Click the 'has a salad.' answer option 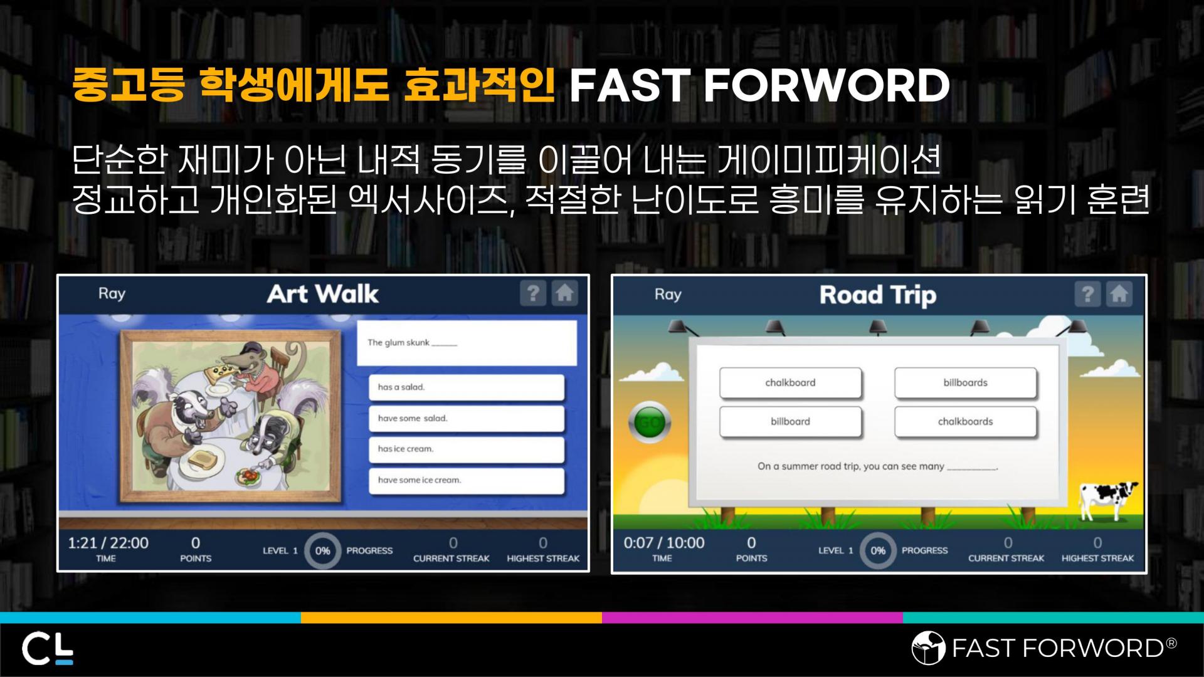pyautogui.click(x=467, y=387)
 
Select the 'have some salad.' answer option pyautogui.click(x=467, y=419)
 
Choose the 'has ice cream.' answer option pyautogui.click(x=467, y=449)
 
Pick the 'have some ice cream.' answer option pyautogui.click(x=467, y=481)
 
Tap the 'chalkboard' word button pyautogui.click(x=790, y=383)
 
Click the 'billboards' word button pyautogui.click(x=965, y=383)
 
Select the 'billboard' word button pyautogui.click(x=790, y=422)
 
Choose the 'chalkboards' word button pyautogui.click(x=965, y=422)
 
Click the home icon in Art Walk pyautogui.click(x=564, y=293)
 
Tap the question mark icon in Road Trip pyautogui.click(x=1087, y=294)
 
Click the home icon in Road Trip pyautogui.click(x=1119, y=294)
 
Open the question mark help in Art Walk pyautogui.click(x=533, y=293)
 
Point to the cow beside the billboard pyautogui.click(x=1107, y=500)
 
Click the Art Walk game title pyautogui.click(x=323, y=294)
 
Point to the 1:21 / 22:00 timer pyautogui.click(x=108, y=543)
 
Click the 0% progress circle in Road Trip pyautogui.click(x=878, y=550)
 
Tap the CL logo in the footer pyautogui.click(x=48, y=649)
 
